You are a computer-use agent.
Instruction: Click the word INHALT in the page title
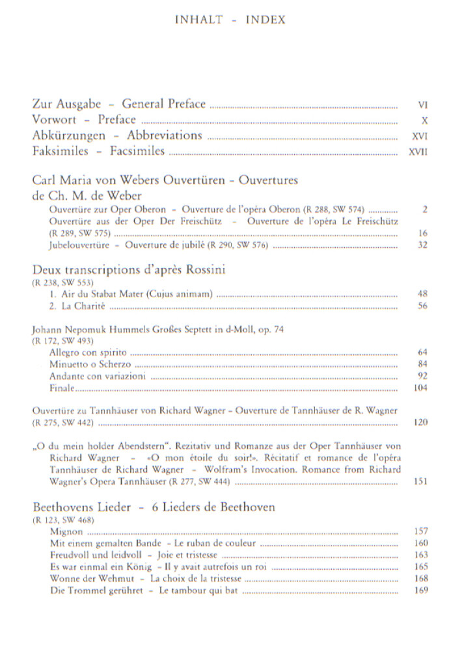pyautogui.click(x=199, y=20)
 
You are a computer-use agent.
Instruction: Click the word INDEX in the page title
pyautogui.click(x=265, y=20)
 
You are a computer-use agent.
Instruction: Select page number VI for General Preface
pyautogui.click(x=423, y=104)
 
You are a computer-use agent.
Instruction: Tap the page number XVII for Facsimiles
pyautogui.click(x=420, y=153)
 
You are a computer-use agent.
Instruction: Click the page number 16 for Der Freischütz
pyautogui.click(x=423, y=233)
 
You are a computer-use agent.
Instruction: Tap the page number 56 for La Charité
pyautogui.click(x=423, y=306)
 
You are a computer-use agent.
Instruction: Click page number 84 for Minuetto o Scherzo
pyautogui.click(x=423, y=364)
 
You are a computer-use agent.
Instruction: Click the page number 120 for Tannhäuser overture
pyautogui.click(x=421, y=422)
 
